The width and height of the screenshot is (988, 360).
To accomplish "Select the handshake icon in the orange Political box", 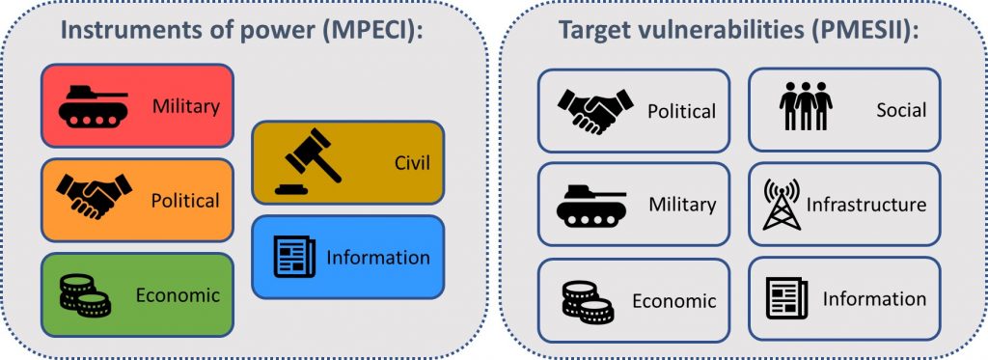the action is point(94,196).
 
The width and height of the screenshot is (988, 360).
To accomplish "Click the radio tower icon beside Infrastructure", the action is point(782,204).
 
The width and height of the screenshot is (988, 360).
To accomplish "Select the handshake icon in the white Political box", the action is point(595,111).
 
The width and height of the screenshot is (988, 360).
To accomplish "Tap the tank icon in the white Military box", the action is point(591,205).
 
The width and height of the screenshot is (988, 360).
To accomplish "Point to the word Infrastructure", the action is point(866,205).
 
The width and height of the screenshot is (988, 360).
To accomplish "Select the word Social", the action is point(901,110).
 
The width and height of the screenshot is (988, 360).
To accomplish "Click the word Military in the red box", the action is point(186,106).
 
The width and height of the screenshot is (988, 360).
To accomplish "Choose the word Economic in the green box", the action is point(178,295).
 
